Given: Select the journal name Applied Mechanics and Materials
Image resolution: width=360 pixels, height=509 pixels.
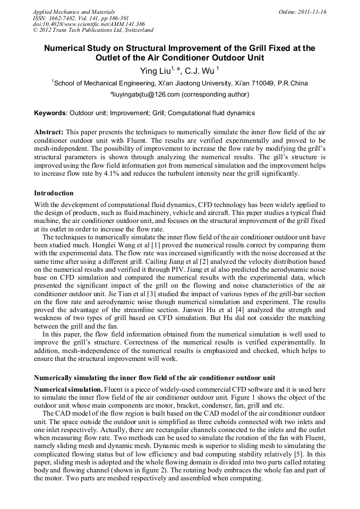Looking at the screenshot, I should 74,11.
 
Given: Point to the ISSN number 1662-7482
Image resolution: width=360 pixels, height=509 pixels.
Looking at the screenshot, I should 64,18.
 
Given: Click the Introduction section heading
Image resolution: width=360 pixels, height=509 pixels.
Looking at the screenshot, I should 54,193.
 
